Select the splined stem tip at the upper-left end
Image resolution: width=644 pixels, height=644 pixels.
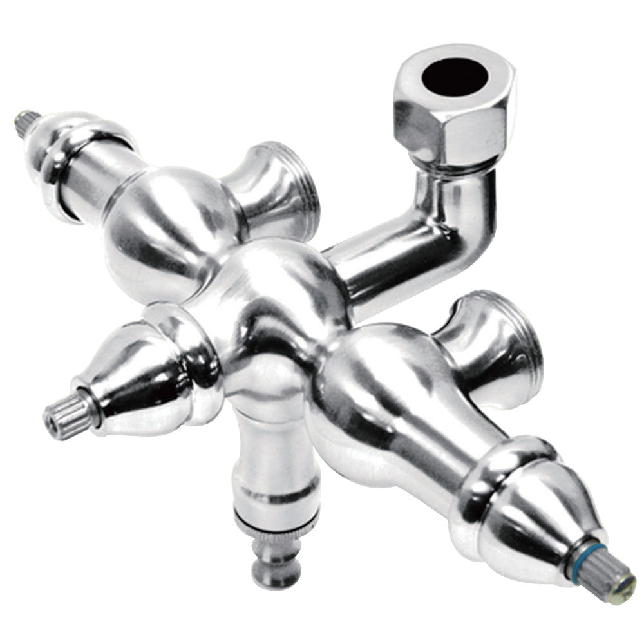[x=28, y=123]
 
